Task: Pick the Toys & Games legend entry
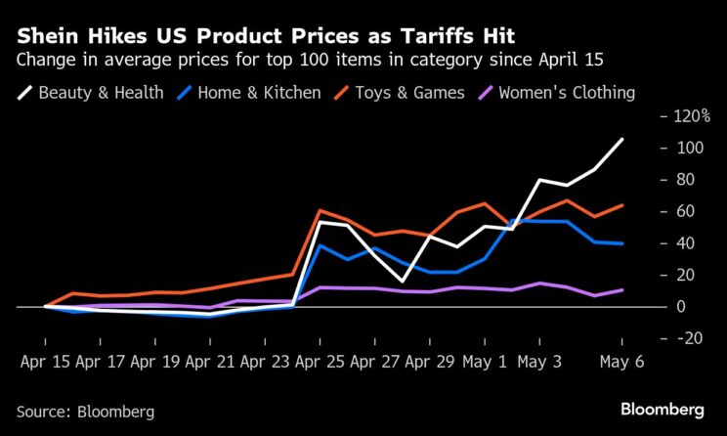402,94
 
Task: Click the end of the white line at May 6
622,139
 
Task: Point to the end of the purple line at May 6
622,289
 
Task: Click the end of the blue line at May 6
622,243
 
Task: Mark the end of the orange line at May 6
622,205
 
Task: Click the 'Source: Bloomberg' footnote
85,412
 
